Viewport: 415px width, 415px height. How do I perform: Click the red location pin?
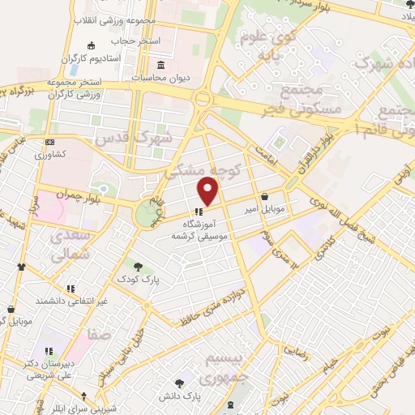[209, 191]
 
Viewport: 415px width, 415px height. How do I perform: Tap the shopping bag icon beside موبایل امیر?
[266, 196]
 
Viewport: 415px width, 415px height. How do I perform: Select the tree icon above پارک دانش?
[179, 382]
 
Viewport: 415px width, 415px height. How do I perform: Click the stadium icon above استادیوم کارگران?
[90, 45]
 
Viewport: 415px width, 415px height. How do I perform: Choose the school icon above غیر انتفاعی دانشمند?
[71, 287]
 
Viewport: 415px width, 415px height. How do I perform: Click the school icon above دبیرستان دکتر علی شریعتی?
[49, 352]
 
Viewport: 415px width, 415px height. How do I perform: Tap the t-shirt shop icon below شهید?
[20, 266]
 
